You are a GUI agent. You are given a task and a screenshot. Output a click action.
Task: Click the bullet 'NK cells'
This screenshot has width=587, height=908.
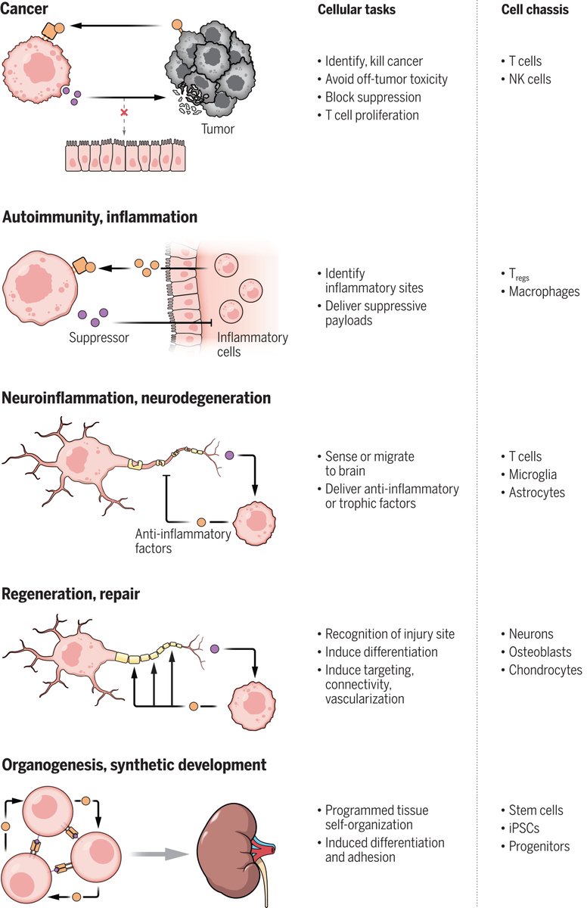pyautogui.click(x=530, y=79)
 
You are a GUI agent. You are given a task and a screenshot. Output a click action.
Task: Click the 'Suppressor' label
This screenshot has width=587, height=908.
pyautogui.click(x=99, y=337)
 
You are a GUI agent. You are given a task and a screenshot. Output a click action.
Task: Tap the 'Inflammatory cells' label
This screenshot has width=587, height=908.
pyautogui.click(x=252, y=344)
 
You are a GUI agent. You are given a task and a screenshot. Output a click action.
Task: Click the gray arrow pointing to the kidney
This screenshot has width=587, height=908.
pyautogui.click(x=159, y=854)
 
